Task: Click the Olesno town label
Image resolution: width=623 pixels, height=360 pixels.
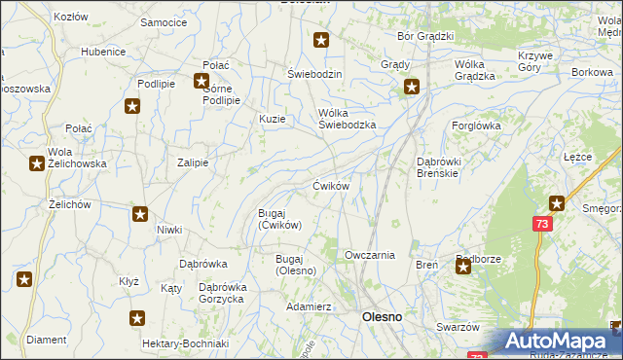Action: point(383,317)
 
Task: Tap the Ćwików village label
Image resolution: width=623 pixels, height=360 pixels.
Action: point(331,185)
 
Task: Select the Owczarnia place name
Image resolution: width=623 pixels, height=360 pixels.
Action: point(370,255)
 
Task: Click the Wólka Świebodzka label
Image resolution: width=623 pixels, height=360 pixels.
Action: point(348,118)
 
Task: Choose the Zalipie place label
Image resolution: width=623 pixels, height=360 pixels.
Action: point(193,163)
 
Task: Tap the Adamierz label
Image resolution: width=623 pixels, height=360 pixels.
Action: point(310,306)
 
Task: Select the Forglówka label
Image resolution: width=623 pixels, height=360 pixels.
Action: point(476,126)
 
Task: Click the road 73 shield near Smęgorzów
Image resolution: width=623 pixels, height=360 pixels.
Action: point(540,224)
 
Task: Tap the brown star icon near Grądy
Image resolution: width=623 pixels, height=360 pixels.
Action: point(412,89)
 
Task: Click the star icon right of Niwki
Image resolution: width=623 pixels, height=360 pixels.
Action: point(140,214)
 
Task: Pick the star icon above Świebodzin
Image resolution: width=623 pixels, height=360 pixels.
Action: point(321,41)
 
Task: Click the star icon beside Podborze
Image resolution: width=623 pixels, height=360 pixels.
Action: point(463,265)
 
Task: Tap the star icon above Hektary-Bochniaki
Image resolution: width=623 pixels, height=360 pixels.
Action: point(138,318)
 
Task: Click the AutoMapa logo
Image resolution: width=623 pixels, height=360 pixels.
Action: point(555,342)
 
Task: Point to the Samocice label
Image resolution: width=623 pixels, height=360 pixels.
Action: point(164,21)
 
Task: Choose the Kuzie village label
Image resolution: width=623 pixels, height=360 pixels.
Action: point(272,119)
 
